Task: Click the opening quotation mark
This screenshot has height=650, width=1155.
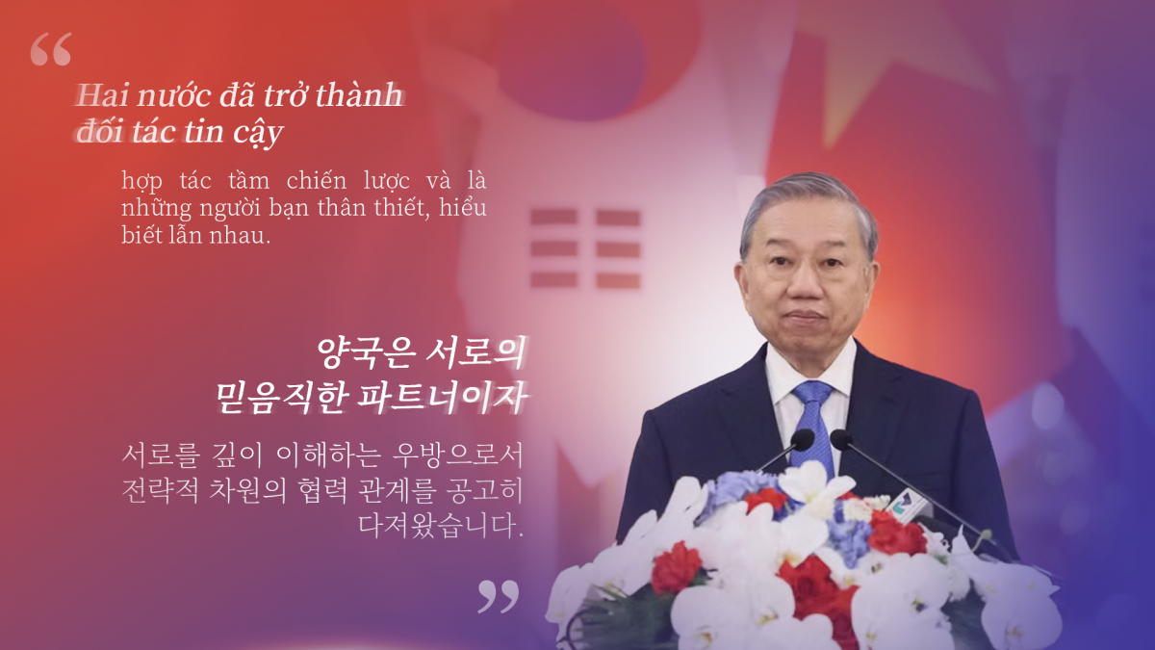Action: [x=50, y=49]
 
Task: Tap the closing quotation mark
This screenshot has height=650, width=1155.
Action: [x=499, y=596]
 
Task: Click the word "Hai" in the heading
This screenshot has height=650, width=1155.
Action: [x=102, y=95]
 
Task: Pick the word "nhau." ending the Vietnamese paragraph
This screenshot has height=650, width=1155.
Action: [x=240, y=236]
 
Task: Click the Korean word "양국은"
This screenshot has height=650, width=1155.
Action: [x=367, y=352]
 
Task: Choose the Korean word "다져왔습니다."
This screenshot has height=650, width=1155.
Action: [x=442, y=525]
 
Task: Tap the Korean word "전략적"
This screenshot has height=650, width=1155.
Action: [x=160, y=490]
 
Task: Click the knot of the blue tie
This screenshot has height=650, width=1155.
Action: [x=812, y=393]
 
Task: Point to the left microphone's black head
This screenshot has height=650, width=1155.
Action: [x=802, y=440]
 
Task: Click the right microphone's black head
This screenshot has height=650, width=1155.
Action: [x=840, y=440]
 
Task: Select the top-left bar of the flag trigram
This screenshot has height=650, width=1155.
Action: [x=553, y=217]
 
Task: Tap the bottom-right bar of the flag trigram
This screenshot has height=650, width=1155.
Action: [x=618, y=280]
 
